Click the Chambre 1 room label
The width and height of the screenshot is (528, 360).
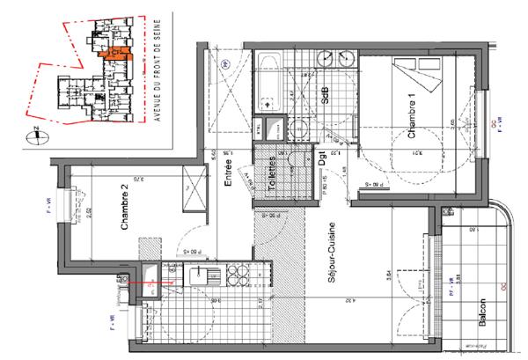[x=411, y=115]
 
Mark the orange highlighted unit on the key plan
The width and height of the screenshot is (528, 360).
[x=115, y=54]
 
